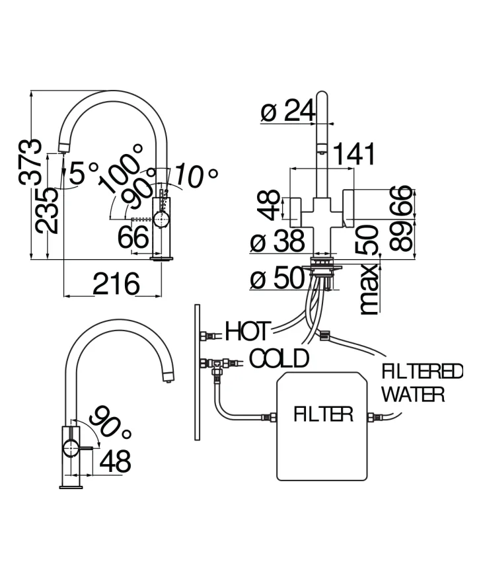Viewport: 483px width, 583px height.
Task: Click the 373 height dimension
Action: click(x=30, y=162)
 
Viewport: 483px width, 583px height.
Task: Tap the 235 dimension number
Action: click(x=47, y=211)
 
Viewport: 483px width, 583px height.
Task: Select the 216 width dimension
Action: click(x=116, y=284)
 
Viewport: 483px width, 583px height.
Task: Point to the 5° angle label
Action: click(x=84, y=173)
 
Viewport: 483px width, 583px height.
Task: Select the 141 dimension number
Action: click(x=354, y=153)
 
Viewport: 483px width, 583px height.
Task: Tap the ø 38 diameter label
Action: click(x=278, y=241)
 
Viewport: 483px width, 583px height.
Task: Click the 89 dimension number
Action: click(x=401, y=236)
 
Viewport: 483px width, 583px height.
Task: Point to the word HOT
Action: click(x=247, y=331)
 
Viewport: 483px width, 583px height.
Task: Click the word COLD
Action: click(x=279, y=358)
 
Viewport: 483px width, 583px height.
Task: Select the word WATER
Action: click(x=413, y=394)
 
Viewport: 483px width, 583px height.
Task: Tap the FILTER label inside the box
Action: click(x=323, y=414)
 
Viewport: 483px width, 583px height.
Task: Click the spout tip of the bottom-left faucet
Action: click(x=168, y=379)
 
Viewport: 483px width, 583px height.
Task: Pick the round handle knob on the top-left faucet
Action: click(x=161, y=219)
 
